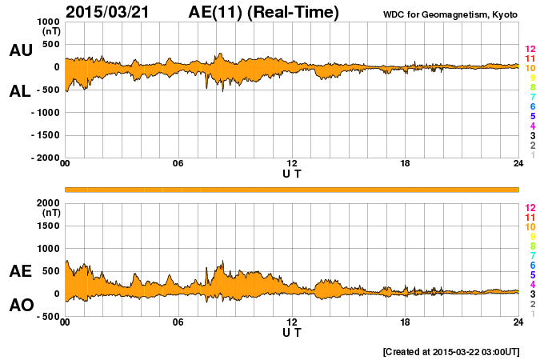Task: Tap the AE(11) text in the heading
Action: [264, 12]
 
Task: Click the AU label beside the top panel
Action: [21, 50]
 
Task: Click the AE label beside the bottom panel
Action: [21, 271]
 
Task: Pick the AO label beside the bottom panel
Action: [21, 306]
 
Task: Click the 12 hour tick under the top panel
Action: [292, 164]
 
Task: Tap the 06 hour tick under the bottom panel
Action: [178, 322]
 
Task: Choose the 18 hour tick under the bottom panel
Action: [406, 322]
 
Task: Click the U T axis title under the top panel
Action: [292, 173]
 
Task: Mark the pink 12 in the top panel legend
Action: [530, 50]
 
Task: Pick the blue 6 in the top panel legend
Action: [532, 107]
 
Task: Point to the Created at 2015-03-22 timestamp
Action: [451, 351]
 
